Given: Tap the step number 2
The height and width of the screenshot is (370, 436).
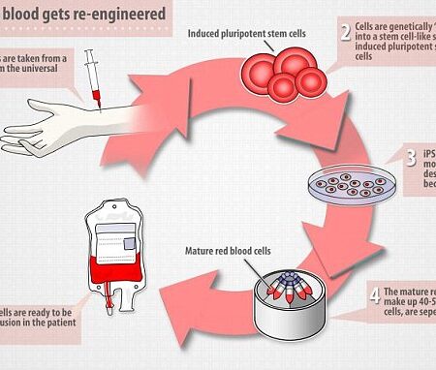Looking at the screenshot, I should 345,37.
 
